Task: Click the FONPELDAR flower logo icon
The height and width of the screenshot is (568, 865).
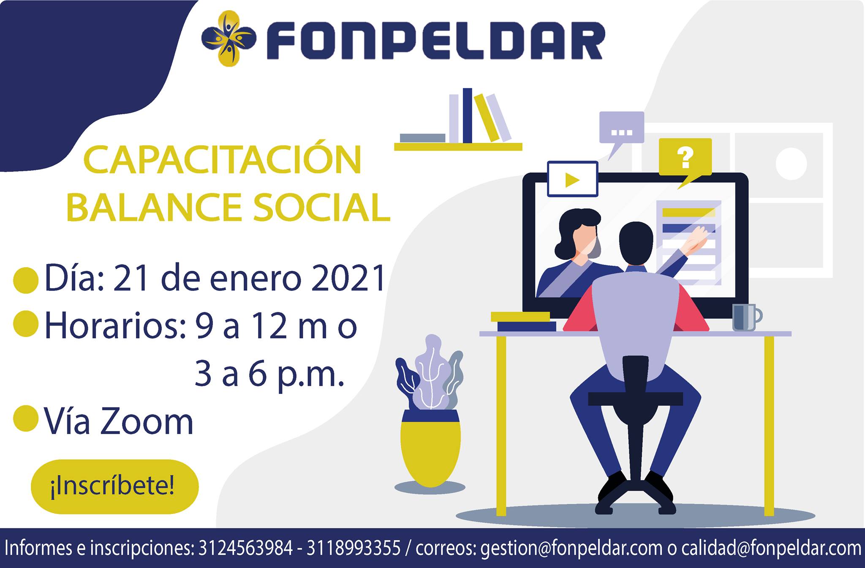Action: (x=228, y=38)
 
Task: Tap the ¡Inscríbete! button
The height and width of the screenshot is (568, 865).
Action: (x=114, y=486)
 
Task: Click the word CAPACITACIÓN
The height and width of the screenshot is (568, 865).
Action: (x=223, y=160)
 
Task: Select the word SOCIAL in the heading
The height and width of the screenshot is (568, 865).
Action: (x=321, y=208)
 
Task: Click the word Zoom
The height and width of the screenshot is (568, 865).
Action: (x=147, y=422)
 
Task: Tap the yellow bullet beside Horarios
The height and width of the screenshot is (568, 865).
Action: (x=26, y=323)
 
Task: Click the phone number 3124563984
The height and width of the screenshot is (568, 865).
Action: (x=245, y=548)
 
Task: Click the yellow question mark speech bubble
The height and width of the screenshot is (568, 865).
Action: (x=685, y=157)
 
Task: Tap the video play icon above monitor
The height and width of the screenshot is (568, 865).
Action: (x=572, y=179)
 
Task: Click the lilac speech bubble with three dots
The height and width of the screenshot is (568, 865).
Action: (x=621, y=128)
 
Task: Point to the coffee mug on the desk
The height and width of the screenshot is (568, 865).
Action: (x=745, y=317)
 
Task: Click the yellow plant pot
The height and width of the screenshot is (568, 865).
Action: (x=430, y=448)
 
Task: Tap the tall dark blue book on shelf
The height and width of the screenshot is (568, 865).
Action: (x=467, y=116)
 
